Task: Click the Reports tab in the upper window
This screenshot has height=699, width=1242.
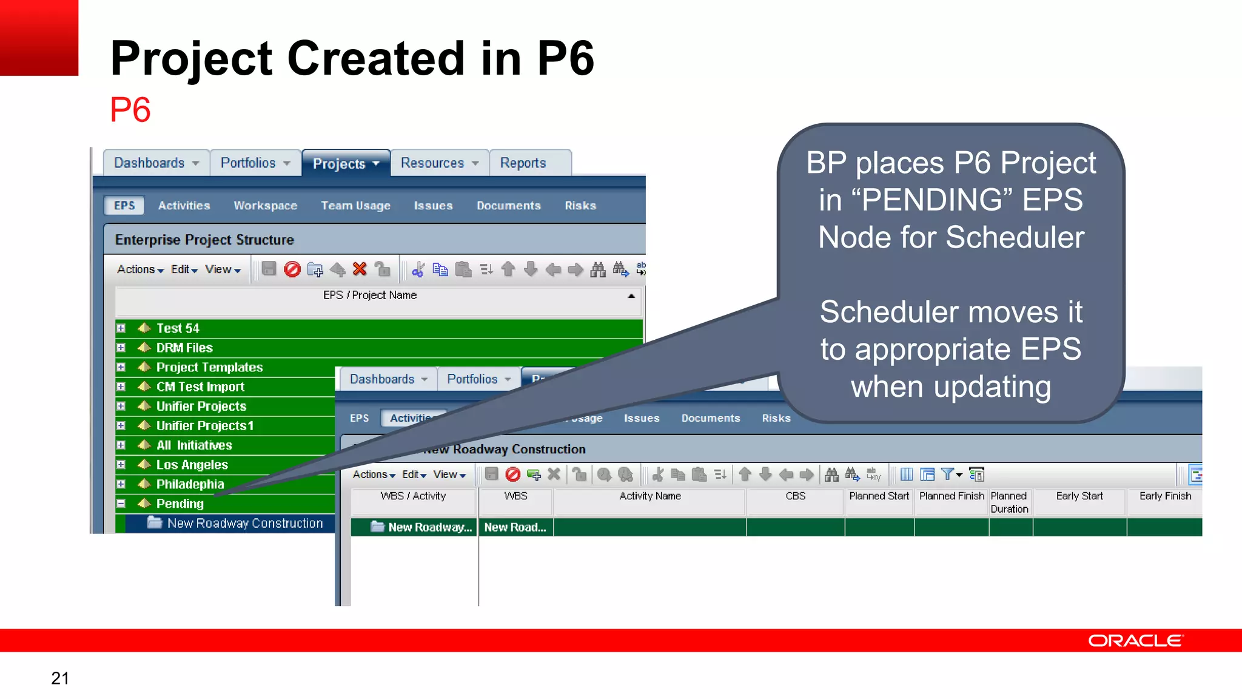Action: tap(523, 163)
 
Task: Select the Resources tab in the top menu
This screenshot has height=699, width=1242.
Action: tap(432, 163)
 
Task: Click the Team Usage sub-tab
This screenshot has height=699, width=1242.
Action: tap(355, 206)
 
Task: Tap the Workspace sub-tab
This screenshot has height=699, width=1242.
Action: tap(265, 206)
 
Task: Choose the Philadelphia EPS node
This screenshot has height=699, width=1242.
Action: tap(190, 484)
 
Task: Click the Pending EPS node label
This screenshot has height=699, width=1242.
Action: tap(180, 504)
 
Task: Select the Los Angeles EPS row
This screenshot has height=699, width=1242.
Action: tap(192, 465)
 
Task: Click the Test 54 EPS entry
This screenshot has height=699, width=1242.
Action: tap(178, 328)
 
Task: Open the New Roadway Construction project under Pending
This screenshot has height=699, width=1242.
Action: tap(244, 523)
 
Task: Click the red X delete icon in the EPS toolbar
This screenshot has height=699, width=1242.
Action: tap(360, 269)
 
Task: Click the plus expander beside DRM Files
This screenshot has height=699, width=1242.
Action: tap(121, 348)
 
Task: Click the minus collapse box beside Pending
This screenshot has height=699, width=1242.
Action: tap(121, 504)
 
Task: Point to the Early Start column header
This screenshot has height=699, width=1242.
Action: tap(1079, 496)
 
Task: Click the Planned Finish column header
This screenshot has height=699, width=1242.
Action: tap(951, 496)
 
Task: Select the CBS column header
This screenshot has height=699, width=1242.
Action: tap(795, 496)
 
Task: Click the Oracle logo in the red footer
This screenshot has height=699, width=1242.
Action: tap(1135, 641)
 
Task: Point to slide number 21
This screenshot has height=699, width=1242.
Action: tap(60, 678)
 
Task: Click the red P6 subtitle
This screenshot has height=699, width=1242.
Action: tap(130, 110)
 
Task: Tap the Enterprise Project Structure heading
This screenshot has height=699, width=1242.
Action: tap(204, 240)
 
